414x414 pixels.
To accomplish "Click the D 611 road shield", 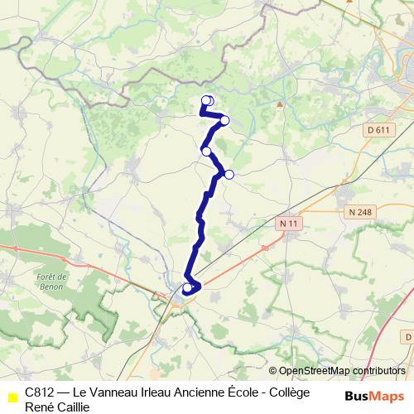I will (x=378, y=130).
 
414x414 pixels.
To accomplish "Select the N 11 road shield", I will (x=287, y=223).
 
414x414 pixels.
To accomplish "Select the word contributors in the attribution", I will (x=378, y=371).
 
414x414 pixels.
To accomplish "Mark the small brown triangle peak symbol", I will (x=280, y=104).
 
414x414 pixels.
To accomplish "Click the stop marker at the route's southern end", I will (x=187, y=287).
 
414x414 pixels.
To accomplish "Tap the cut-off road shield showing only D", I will (x=408, y=338).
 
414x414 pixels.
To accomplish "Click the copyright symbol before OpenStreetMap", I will (x=274, y=371).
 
